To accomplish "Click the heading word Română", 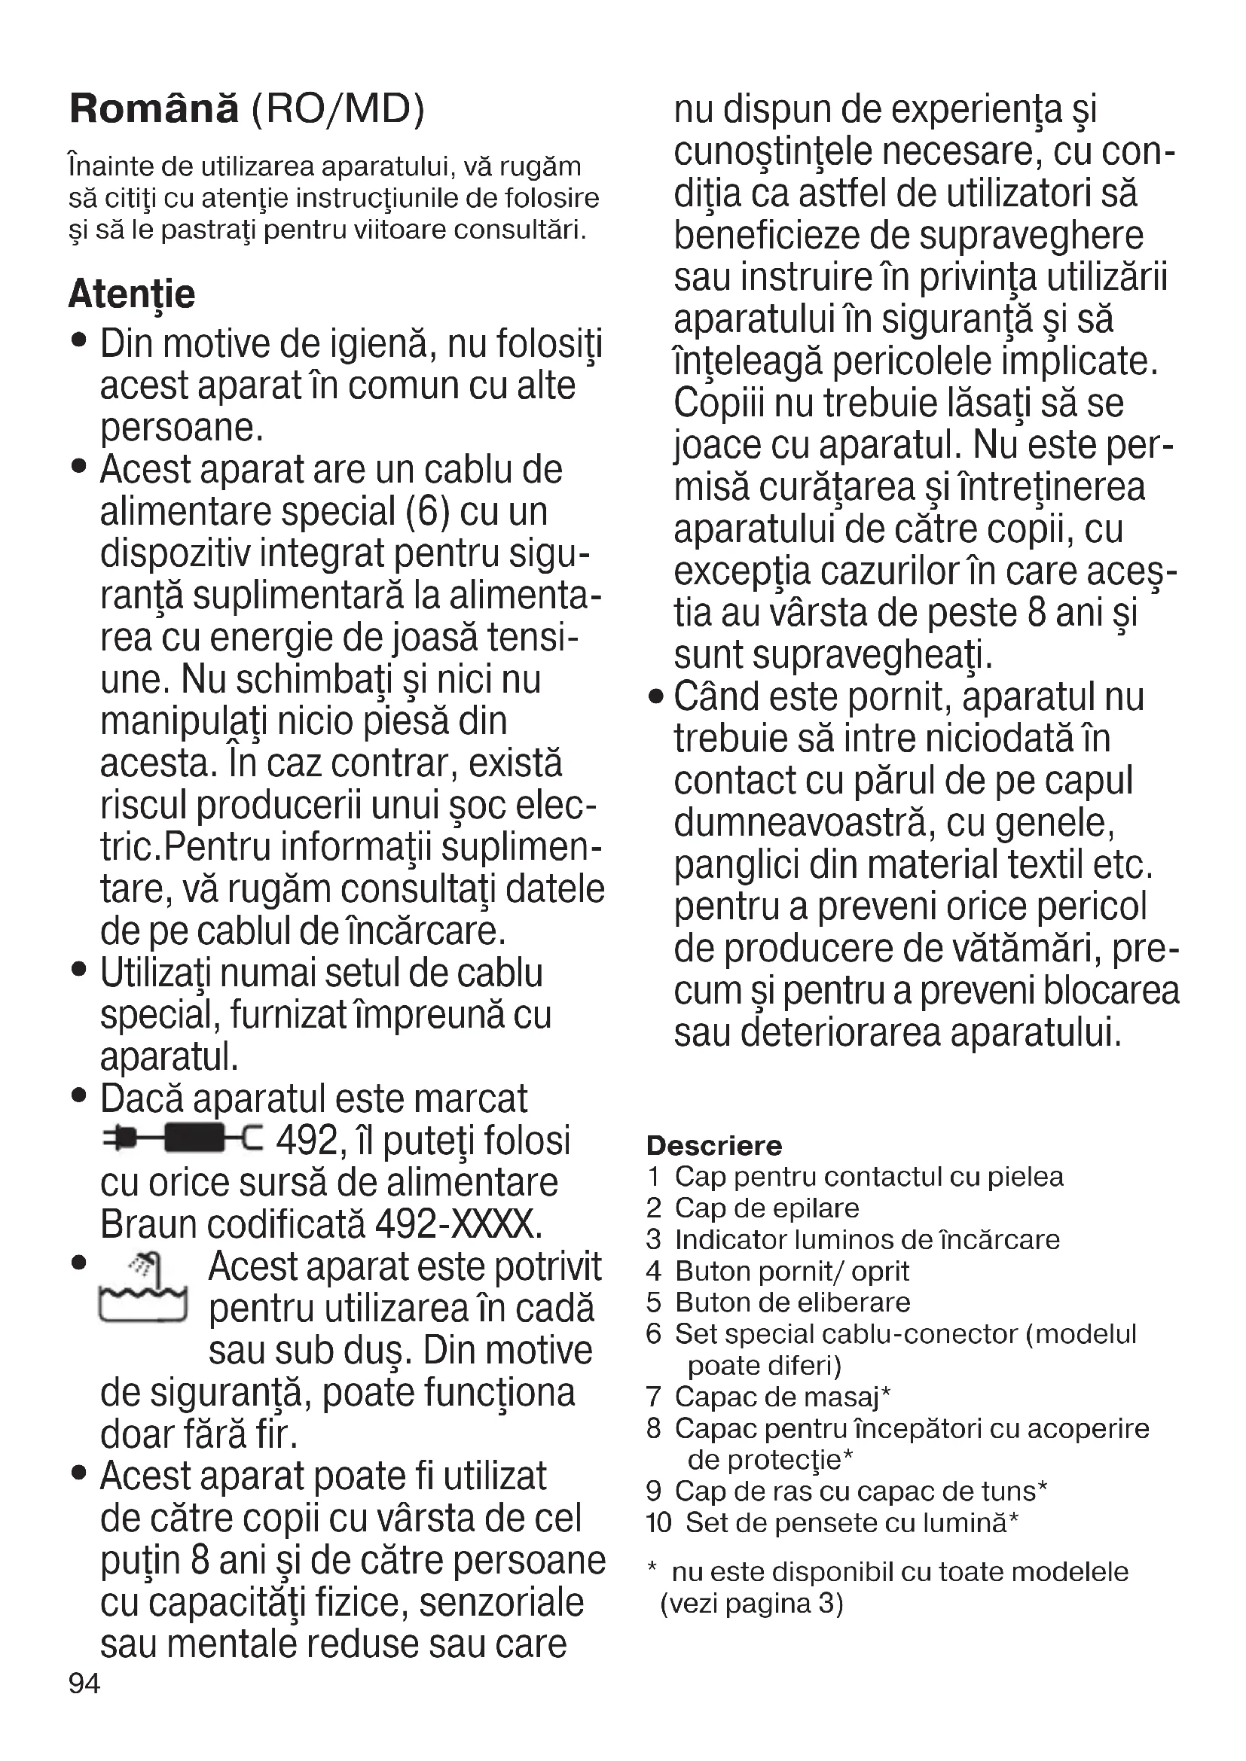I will (154, 109).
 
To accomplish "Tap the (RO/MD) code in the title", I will (338, 110).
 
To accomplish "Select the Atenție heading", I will (132, 294).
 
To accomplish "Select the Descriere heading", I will (713, 1145).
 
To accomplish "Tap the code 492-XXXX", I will (458, 1224).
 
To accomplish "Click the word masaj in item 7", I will (843, 1397).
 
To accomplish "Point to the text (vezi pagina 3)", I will (752, 1604).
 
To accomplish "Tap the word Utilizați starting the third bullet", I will (157, 974).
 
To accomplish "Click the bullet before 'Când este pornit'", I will (655, 697).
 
